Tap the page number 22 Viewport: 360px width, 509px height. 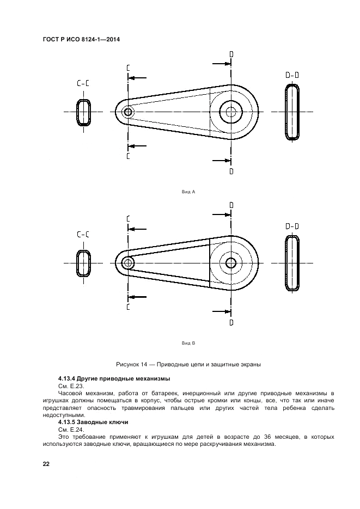click(x=46, y=463)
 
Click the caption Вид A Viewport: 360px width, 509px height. click(x=188, y=192)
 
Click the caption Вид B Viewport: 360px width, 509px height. click(x=188, y=344)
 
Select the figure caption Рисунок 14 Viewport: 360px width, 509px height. click(x=188, y=364)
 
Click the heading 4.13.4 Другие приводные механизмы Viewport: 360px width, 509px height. click(x=114, y=378)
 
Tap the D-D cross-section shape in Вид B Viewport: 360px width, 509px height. click(x=293, y=263)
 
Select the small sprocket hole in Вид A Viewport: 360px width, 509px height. click(x=128, y=112)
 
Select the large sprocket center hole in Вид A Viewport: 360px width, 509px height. click(x=231, y=112)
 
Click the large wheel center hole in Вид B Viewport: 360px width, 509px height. click(x=231, y=263)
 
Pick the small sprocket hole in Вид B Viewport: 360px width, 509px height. click(x=128, y=263)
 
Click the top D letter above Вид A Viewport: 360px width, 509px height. click(x=231, y=54)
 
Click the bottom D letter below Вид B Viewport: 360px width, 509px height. click(x=231, y=322)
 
